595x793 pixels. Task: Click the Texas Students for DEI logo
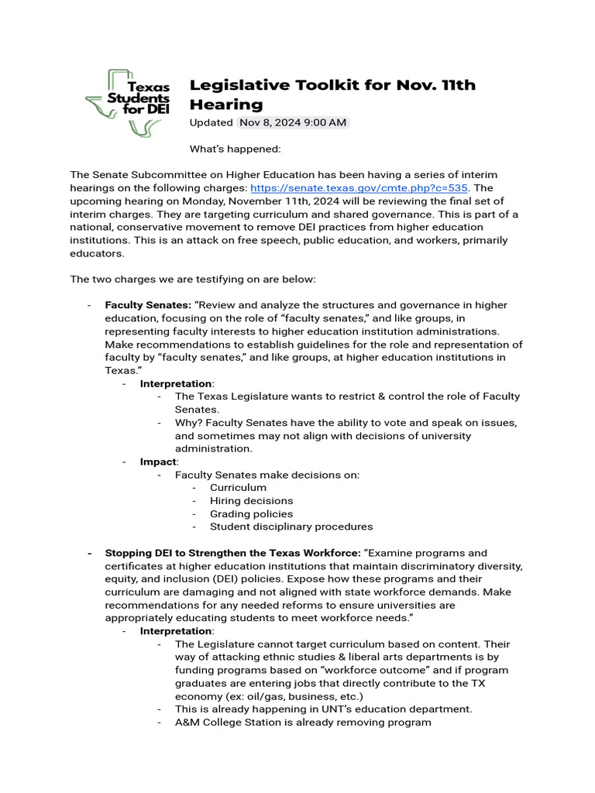pyautogui.click(x=128, y=103)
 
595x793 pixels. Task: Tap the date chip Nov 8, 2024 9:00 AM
pyautogui.click(x=293, y=122)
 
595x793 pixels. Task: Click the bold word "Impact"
pyautogui.click(x=158, y=462)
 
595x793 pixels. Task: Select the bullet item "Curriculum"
pyautogui.click(x=238, y=488)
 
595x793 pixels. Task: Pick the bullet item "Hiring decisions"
pyautogui.click(x=251, y=501)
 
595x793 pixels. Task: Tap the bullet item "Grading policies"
pyautogui.click(x=251, y=513)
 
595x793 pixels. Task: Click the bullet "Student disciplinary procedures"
pyautogui.click(x=291, y=527)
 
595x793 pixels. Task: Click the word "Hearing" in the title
pyautogui.click(x=226, y=105)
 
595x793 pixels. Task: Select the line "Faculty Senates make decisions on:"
pyautogui.click(x=267, y=475)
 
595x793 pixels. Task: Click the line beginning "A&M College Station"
pyautogui.click(x=302, y=723)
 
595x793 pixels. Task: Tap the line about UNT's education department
pyautogui.click(x=323, y=709)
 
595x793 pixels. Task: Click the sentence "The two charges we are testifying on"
pyautogui.click(x=192, y=279)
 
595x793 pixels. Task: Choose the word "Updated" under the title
pyautogui.click(x=211, y=122)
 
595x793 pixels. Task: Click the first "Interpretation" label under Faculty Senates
pyautogui.click(x=176, y=383)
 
